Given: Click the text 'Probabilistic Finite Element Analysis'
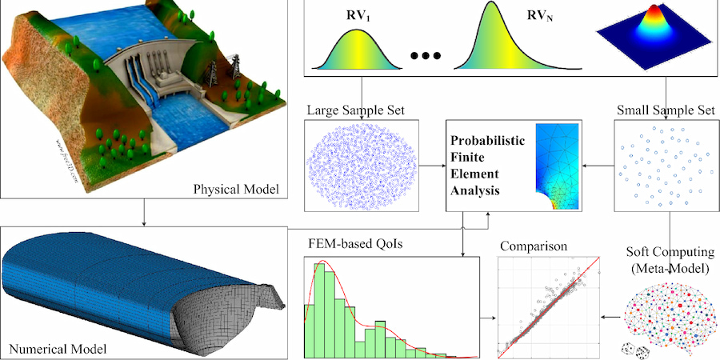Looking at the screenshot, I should [486, 166].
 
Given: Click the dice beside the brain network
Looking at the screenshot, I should [633, 348].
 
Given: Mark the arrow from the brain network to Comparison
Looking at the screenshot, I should [609, 317].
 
